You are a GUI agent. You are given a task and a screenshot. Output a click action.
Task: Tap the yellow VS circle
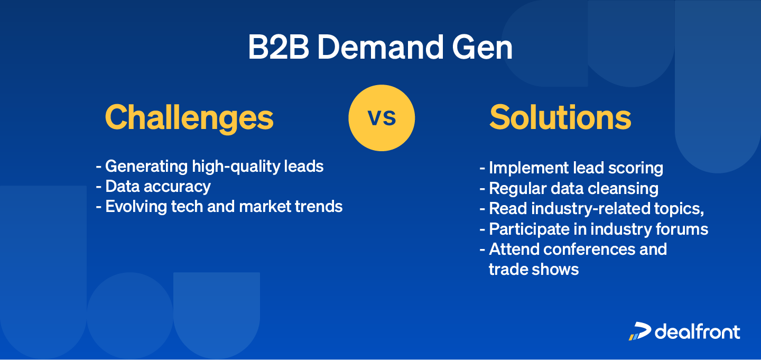pyautogui.click(x=382, y=117)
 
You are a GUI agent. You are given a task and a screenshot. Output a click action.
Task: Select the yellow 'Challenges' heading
pyautogui.click(x=189, y=117)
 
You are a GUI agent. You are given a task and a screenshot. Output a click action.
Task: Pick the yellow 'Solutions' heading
pyautogui.click(x=560, y=117)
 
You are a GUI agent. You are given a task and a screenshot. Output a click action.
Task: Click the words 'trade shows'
pyautogui.click(x=534, y=269)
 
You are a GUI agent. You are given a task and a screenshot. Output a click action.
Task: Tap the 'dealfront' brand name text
pyautogui.click(x=698, y=331)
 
